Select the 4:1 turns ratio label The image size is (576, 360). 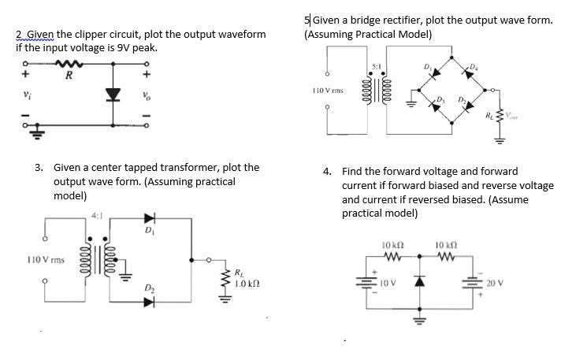[x=97, y=213]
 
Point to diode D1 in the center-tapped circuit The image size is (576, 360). [x=150, y=219]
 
